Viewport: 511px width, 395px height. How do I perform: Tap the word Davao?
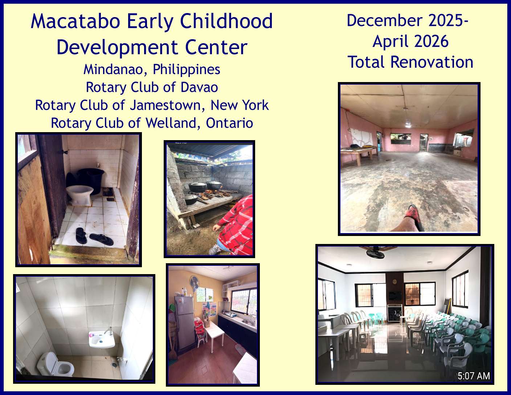[199, 87]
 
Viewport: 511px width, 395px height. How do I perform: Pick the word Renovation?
[432, 62]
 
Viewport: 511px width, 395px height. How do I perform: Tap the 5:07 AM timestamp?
[474, 376]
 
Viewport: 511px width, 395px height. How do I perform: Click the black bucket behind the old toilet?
[90, 181]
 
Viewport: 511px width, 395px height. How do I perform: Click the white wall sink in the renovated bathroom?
[102, 339]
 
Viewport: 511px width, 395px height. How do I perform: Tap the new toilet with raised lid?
[56, 364]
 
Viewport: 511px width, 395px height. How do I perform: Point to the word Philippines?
[187, 69]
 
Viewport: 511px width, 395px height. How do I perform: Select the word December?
[385, 20]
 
